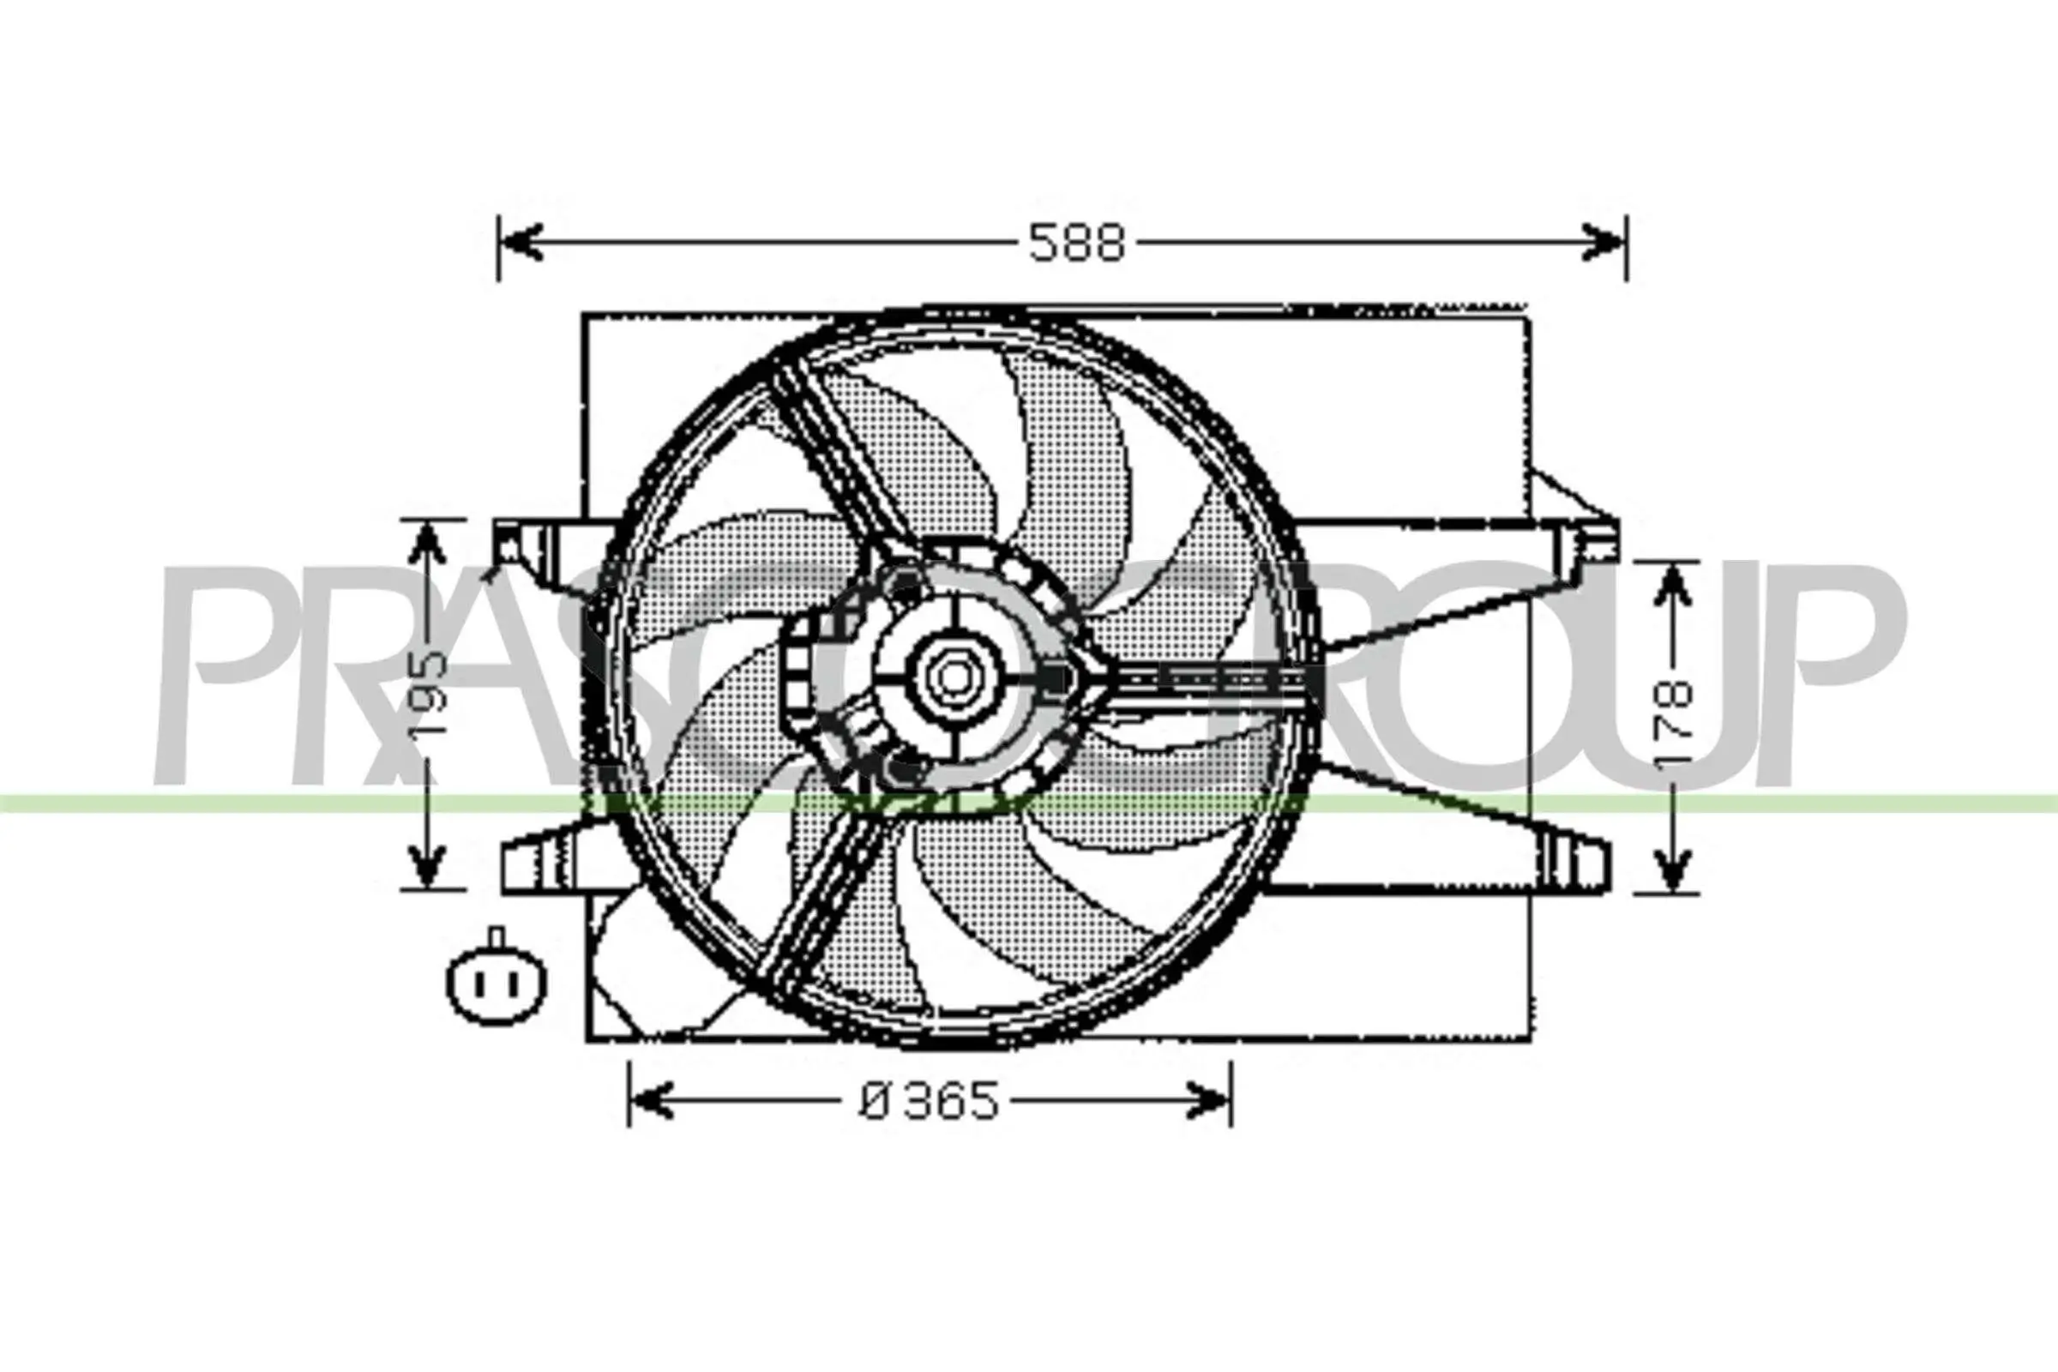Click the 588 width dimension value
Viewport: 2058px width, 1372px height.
coord(1075,243)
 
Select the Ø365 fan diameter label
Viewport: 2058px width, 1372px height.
coord(929,1102)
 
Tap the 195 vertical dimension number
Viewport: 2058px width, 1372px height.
coord(430,691)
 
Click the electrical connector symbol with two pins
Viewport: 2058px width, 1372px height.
coord(496,983)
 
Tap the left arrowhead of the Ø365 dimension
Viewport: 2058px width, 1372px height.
coord(652,1101)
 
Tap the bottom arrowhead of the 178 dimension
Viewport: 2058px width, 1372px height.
coord(1672,870)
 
